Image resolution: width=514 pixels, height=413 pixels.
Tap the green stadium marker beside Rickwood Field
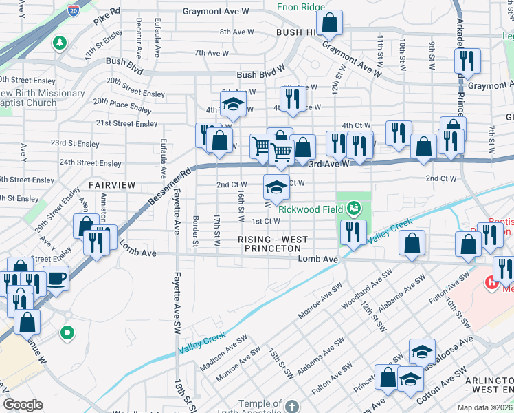(x=354, y=206)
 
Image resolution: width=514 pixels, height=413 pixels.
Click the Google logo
(x=23, y=405)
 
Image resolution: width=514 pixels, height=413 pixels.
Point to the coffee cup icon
(x=56, y=279)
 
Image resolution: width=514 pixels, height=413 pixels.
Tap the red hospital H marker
(x=491, y=282)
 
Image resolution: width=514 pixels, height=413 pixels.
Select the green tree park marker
(x=60, y=43)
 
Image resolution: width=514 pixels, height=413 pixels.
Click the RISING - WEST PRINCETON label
(x=272, y=244)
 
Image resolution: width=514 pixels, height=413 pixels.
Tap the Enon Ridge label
(x=300, y=8)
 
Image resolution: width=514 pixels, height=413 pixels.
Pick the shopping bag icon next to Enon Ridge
(x=331, y=23)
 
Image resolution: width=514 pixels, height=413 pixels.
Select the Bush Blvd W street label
(x=260, y=74)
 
